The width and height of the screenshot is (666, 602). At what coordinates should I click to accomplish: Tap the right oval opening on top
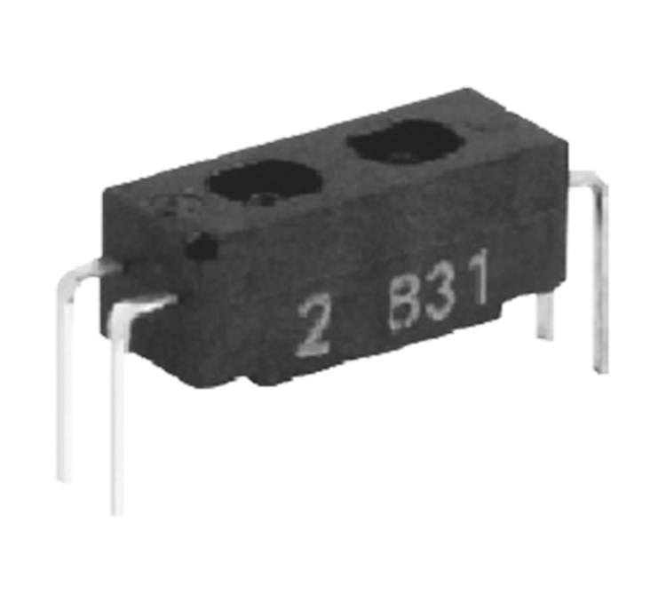pos(404,140)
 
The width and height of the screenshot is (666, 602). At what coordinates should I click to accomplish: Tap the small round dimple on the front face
pos(202,247)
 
